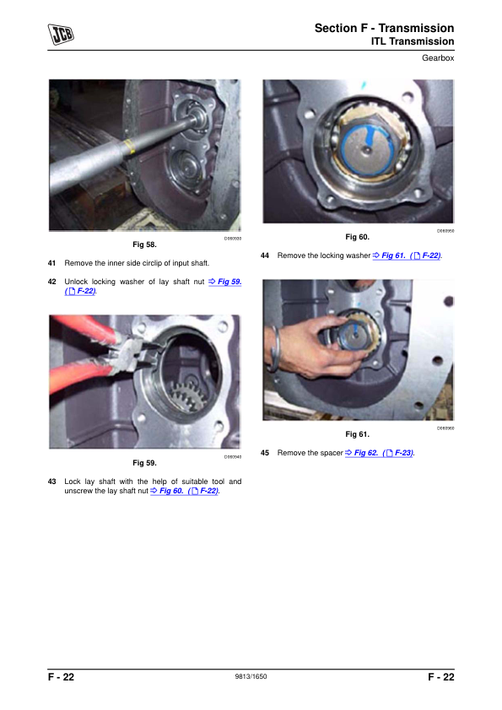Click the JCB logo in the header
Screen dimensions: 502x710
pos(61,34)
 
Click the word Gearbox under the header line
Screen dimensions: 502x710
pos(438,58)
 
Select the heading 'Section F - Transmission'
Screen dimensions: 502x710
pos(384,28)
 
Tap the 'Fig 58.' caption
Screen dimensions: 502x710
pos(144,245)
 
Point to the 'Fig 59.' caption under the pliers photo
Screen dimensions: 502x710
pos(144,463)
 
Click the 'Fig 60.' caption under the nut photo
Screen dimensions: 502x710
pos(358,237)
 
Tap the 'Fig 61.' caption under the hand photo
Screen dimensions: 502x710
pos(358,434)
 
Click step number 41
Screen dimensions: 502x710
pos(51,263)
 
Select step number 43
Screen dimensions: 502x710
pos(51,481)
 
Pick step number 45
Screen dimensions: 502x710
pos(265,453)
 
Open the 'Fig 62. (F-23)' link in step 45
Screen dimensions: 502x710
pos(379,453)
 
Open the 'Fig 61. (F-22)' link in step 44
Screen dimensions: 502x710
pos(407,255)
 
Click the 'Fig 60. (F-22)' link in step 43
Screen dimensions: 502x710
pos(185,491)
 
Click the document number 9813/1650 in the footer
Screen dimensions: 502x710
pos(251,676)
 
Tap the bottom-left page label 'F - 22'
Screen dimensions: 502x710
pos(61,677)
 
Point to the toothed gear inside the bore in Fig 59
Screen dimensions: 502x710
pos(186,395)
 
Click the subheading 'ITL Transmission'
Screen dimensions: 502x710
pos(413,41)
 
